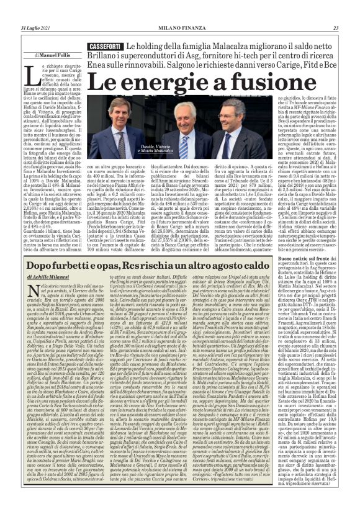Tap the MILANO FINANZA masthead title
coord(179,28)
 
